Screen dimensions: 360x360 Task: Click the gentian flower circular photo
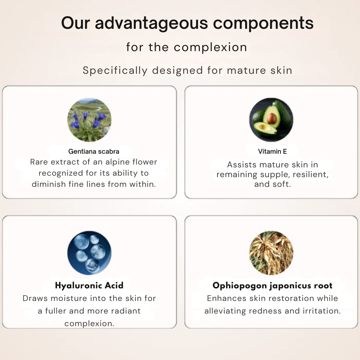pos(89,120)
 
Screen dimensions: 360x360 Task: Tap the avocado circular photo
pos(271,120)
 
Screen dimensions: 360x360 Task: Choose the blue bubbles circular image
pos(89,253)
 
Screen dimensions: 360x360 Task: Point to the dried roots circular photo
pos(271,253)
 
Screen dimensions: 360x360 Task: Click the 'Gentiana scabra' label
pos(94,152)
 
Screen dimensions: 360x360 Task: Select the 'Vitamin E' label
pos(273,152)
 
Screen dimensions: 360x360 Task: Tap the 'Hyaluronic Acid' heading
pos(89,285)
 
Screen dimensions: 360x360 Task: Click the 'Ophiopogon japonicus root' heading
pos(273,285)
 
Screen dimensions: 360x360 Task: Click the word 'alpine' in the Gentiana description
pos(107,162)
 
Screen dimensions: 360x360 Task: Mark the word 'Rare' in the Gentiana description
pos(39,162)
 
